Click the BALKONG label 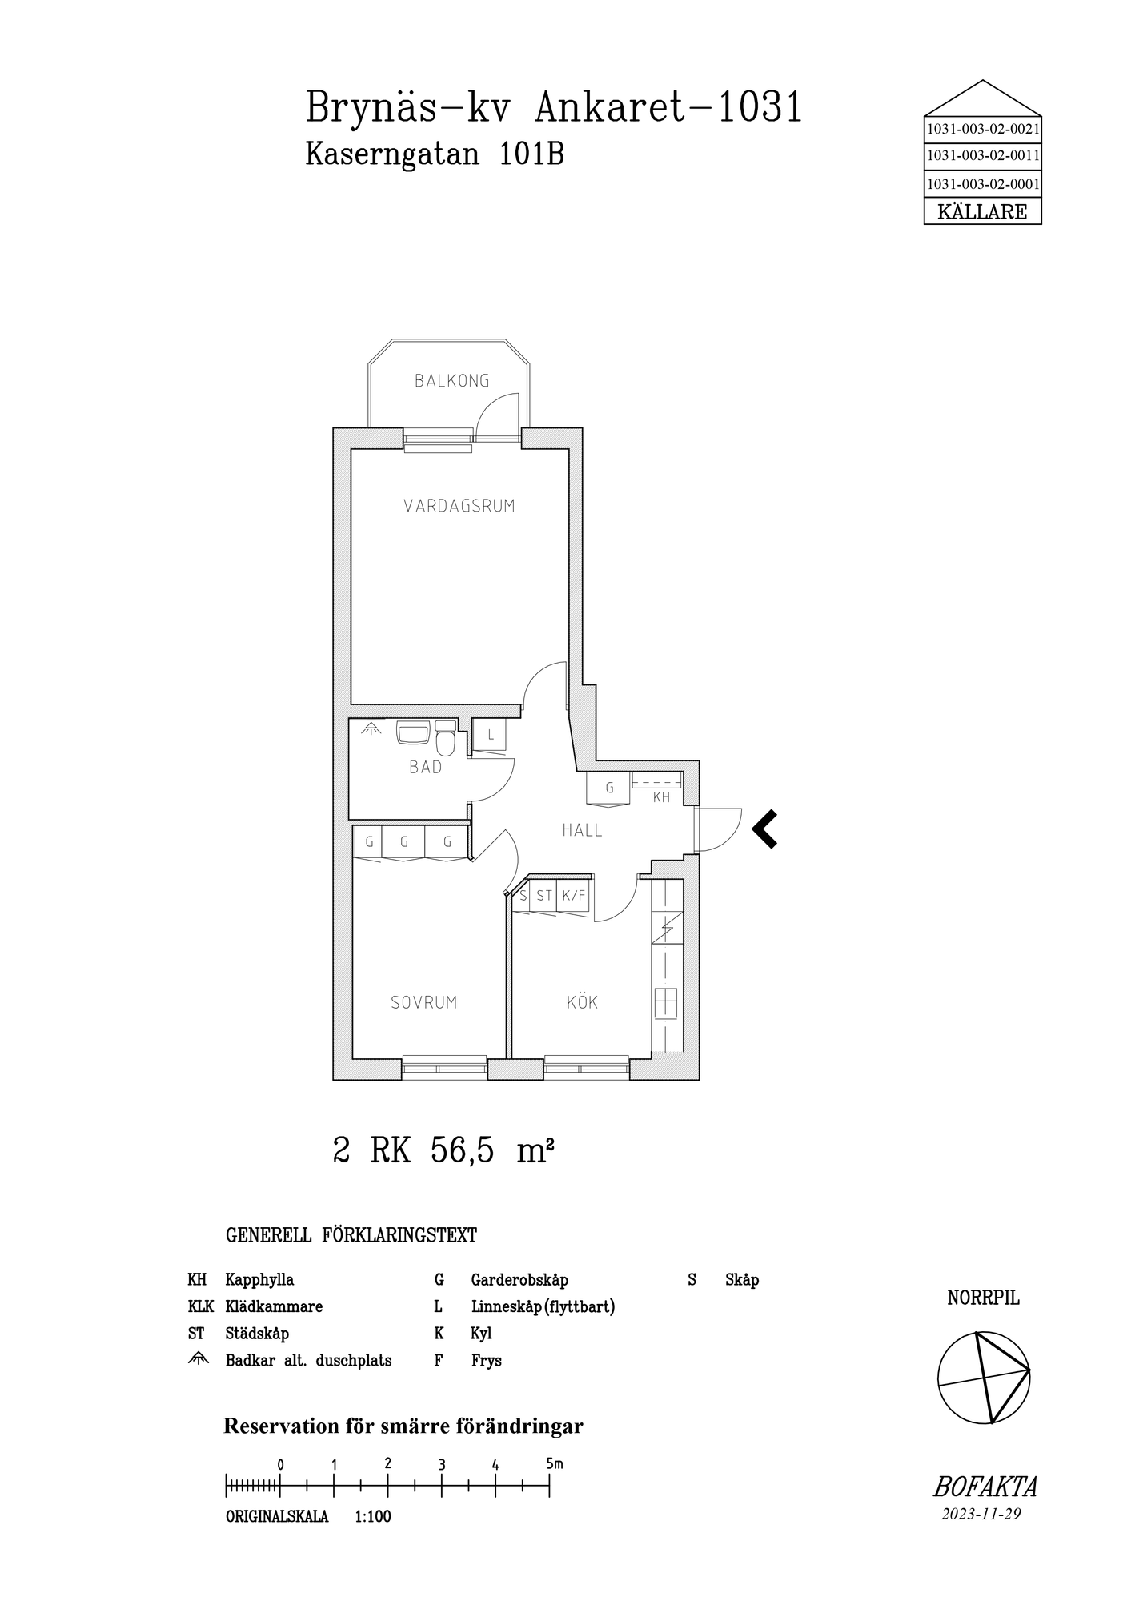(451, 381)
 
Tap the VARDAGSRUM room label (459, 506)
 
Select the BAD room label (425, 767)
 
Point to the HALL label (582, 830)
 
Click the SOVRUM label (423, 1002)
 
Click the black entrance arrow (764, 829)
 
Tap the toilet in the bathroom (446, 740)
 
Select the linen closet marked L (490, 735)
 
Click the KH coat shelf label (661, 797)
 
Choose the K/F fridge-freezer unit (573, 896)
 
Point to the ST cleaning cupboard (544, 896)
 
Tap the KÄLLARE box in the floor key (982, 212)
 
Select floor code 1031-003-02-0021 (982, 128)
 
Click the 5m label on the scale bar (555, 1463)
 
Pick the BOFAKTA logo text (985, 1487)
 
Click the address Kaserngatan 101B (435, 154)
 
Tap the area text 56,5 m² (492, 1152)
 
